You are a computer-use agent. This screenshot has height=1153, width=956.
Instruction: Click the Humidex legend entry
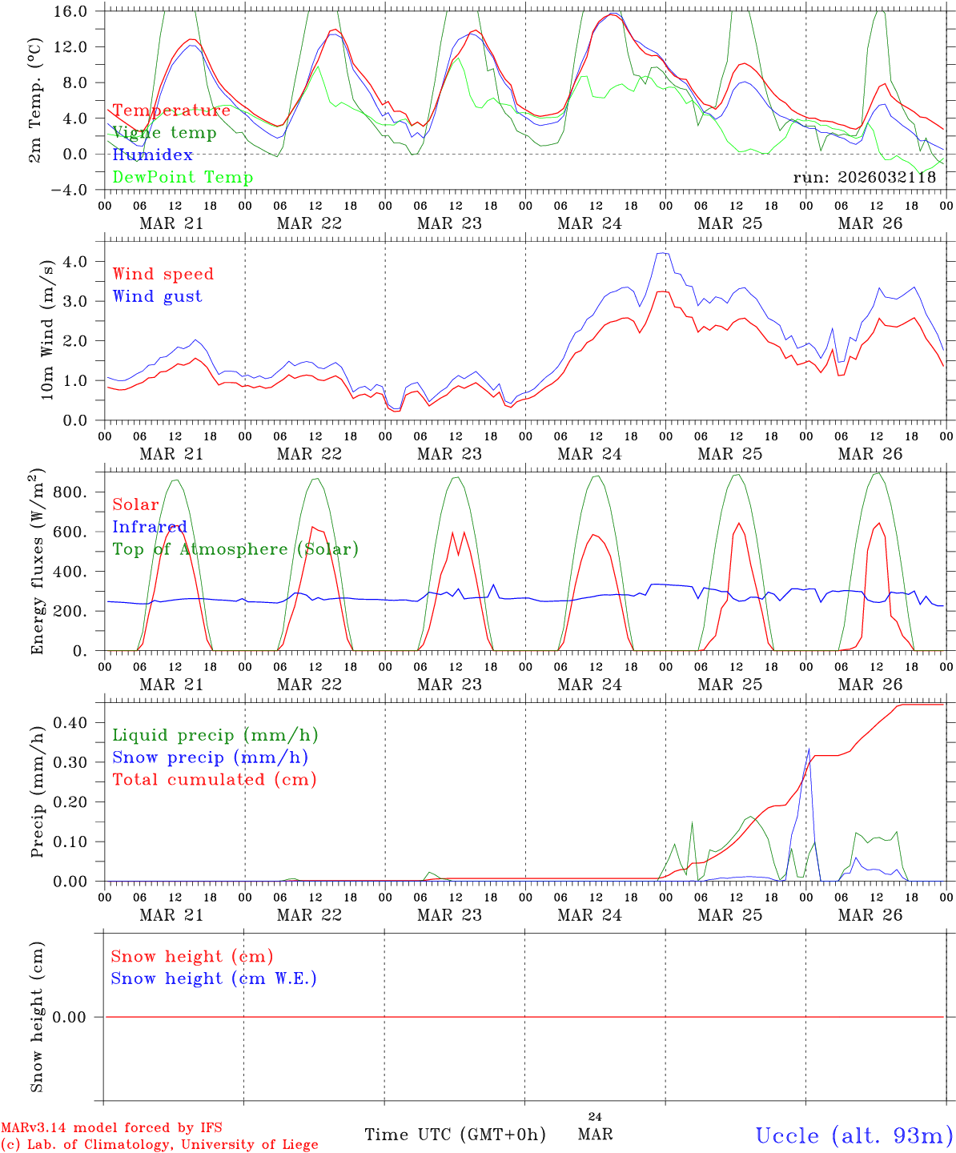coord(152,155)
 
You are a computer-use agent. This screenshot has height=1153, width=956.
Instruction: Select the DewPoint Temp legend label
coord(183,177)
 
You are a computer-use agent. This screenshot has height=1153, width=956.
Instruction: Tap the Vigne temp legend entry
coord(164,132)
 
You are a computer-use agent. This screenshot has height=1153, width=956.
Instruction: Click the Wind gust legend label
coord(157,296)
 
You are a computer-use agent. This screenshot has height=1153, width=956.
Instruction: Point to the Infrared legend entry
coord(149,527)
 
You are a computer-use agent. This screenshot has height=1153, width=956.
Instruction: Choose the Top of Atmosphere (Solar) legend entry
coord(235,549)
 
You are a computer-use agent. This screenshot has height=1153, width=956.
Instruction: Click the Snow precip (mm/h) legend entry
coord(210,757)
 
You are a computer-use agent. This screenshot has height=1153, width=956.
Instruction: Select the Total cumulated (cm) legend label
coord(214,779)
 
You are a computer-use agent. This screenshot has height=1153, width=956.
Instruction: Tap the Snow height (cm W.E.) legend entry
coord(213,978)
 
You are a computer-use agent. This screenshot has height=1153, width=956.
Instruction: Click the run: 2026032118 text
coord(864,178)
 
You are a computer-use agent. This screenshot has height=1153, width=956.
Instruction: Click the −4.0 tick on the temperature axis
coord(71,190)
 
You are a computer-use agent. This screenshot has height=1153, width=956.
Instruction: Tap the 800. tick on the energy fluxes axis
coord(70,492)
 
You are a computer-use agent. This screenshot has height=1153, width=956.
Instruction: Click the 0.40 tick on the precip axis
coord(70,723)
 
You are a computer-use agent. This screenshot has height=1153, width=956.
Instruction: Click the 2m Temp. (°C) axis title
coord(35,100)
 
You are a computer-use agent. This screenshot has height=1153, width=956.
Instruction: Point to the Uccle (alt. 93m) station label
coord(854,1135)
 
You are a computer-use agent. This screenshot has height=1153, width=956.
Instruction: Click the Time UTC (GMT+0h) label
coord(455,1135)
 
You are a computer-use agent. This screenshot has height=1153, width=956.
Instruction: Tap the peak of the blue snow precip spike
coord(809,749)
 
